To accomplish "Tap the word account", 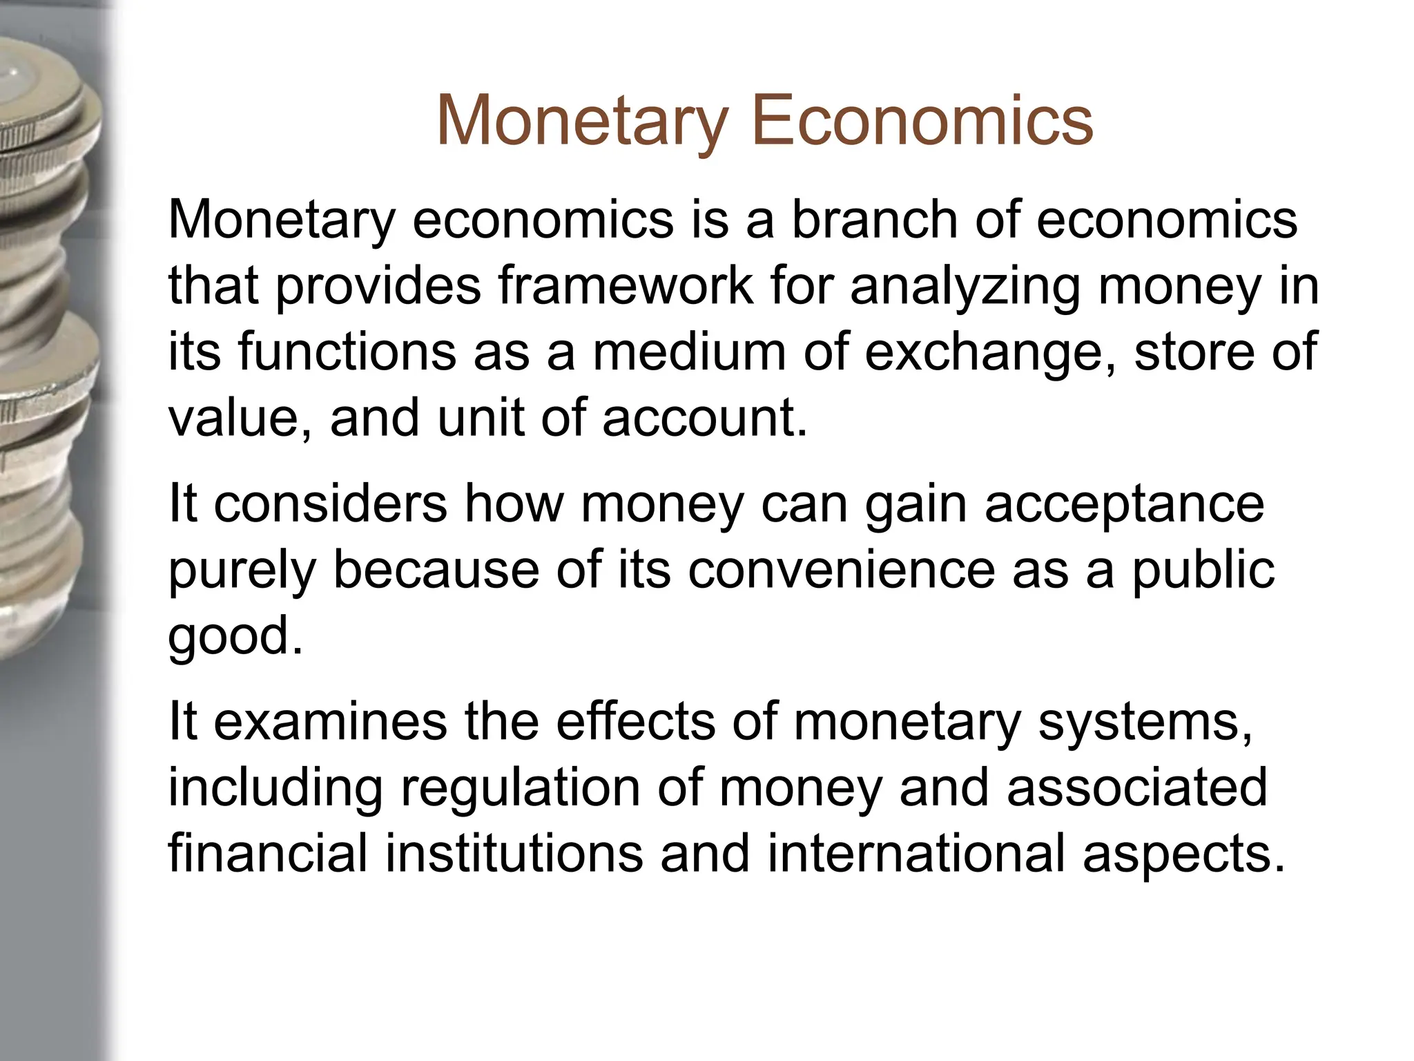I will (704, 418).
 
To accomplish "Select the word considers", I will (331, 504).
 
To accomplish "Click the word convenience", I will (841, 570).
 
